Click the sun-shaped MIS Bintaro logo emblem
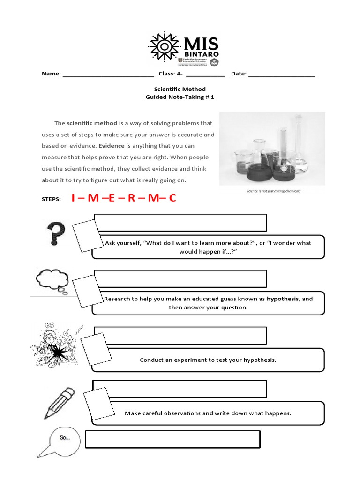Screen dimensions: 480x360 coord(164,47)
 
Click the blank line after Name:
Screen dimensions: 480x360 coord(108,74)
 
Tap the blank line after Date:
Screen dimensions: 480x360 coord(282,74)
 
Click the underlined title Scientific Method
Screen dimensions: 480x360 coord(180,89)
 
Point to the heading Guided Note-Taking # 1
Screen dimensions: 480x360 coord(180,97)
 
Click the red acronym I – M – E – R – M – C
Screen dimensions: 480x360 coord(124,198)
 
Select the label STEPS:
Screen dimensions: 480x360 coord(51,199)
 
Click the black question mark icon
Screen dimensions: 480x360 coord(56,233)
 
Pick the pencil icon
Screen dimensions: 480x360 coord(60,403)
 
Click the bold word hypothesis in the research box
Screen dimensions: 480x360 coord(283,299)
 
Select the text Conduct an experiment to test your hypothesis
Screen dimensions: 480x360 coord(208,360)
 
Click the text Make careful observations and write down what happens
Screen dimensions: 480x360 coord(208,413)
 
